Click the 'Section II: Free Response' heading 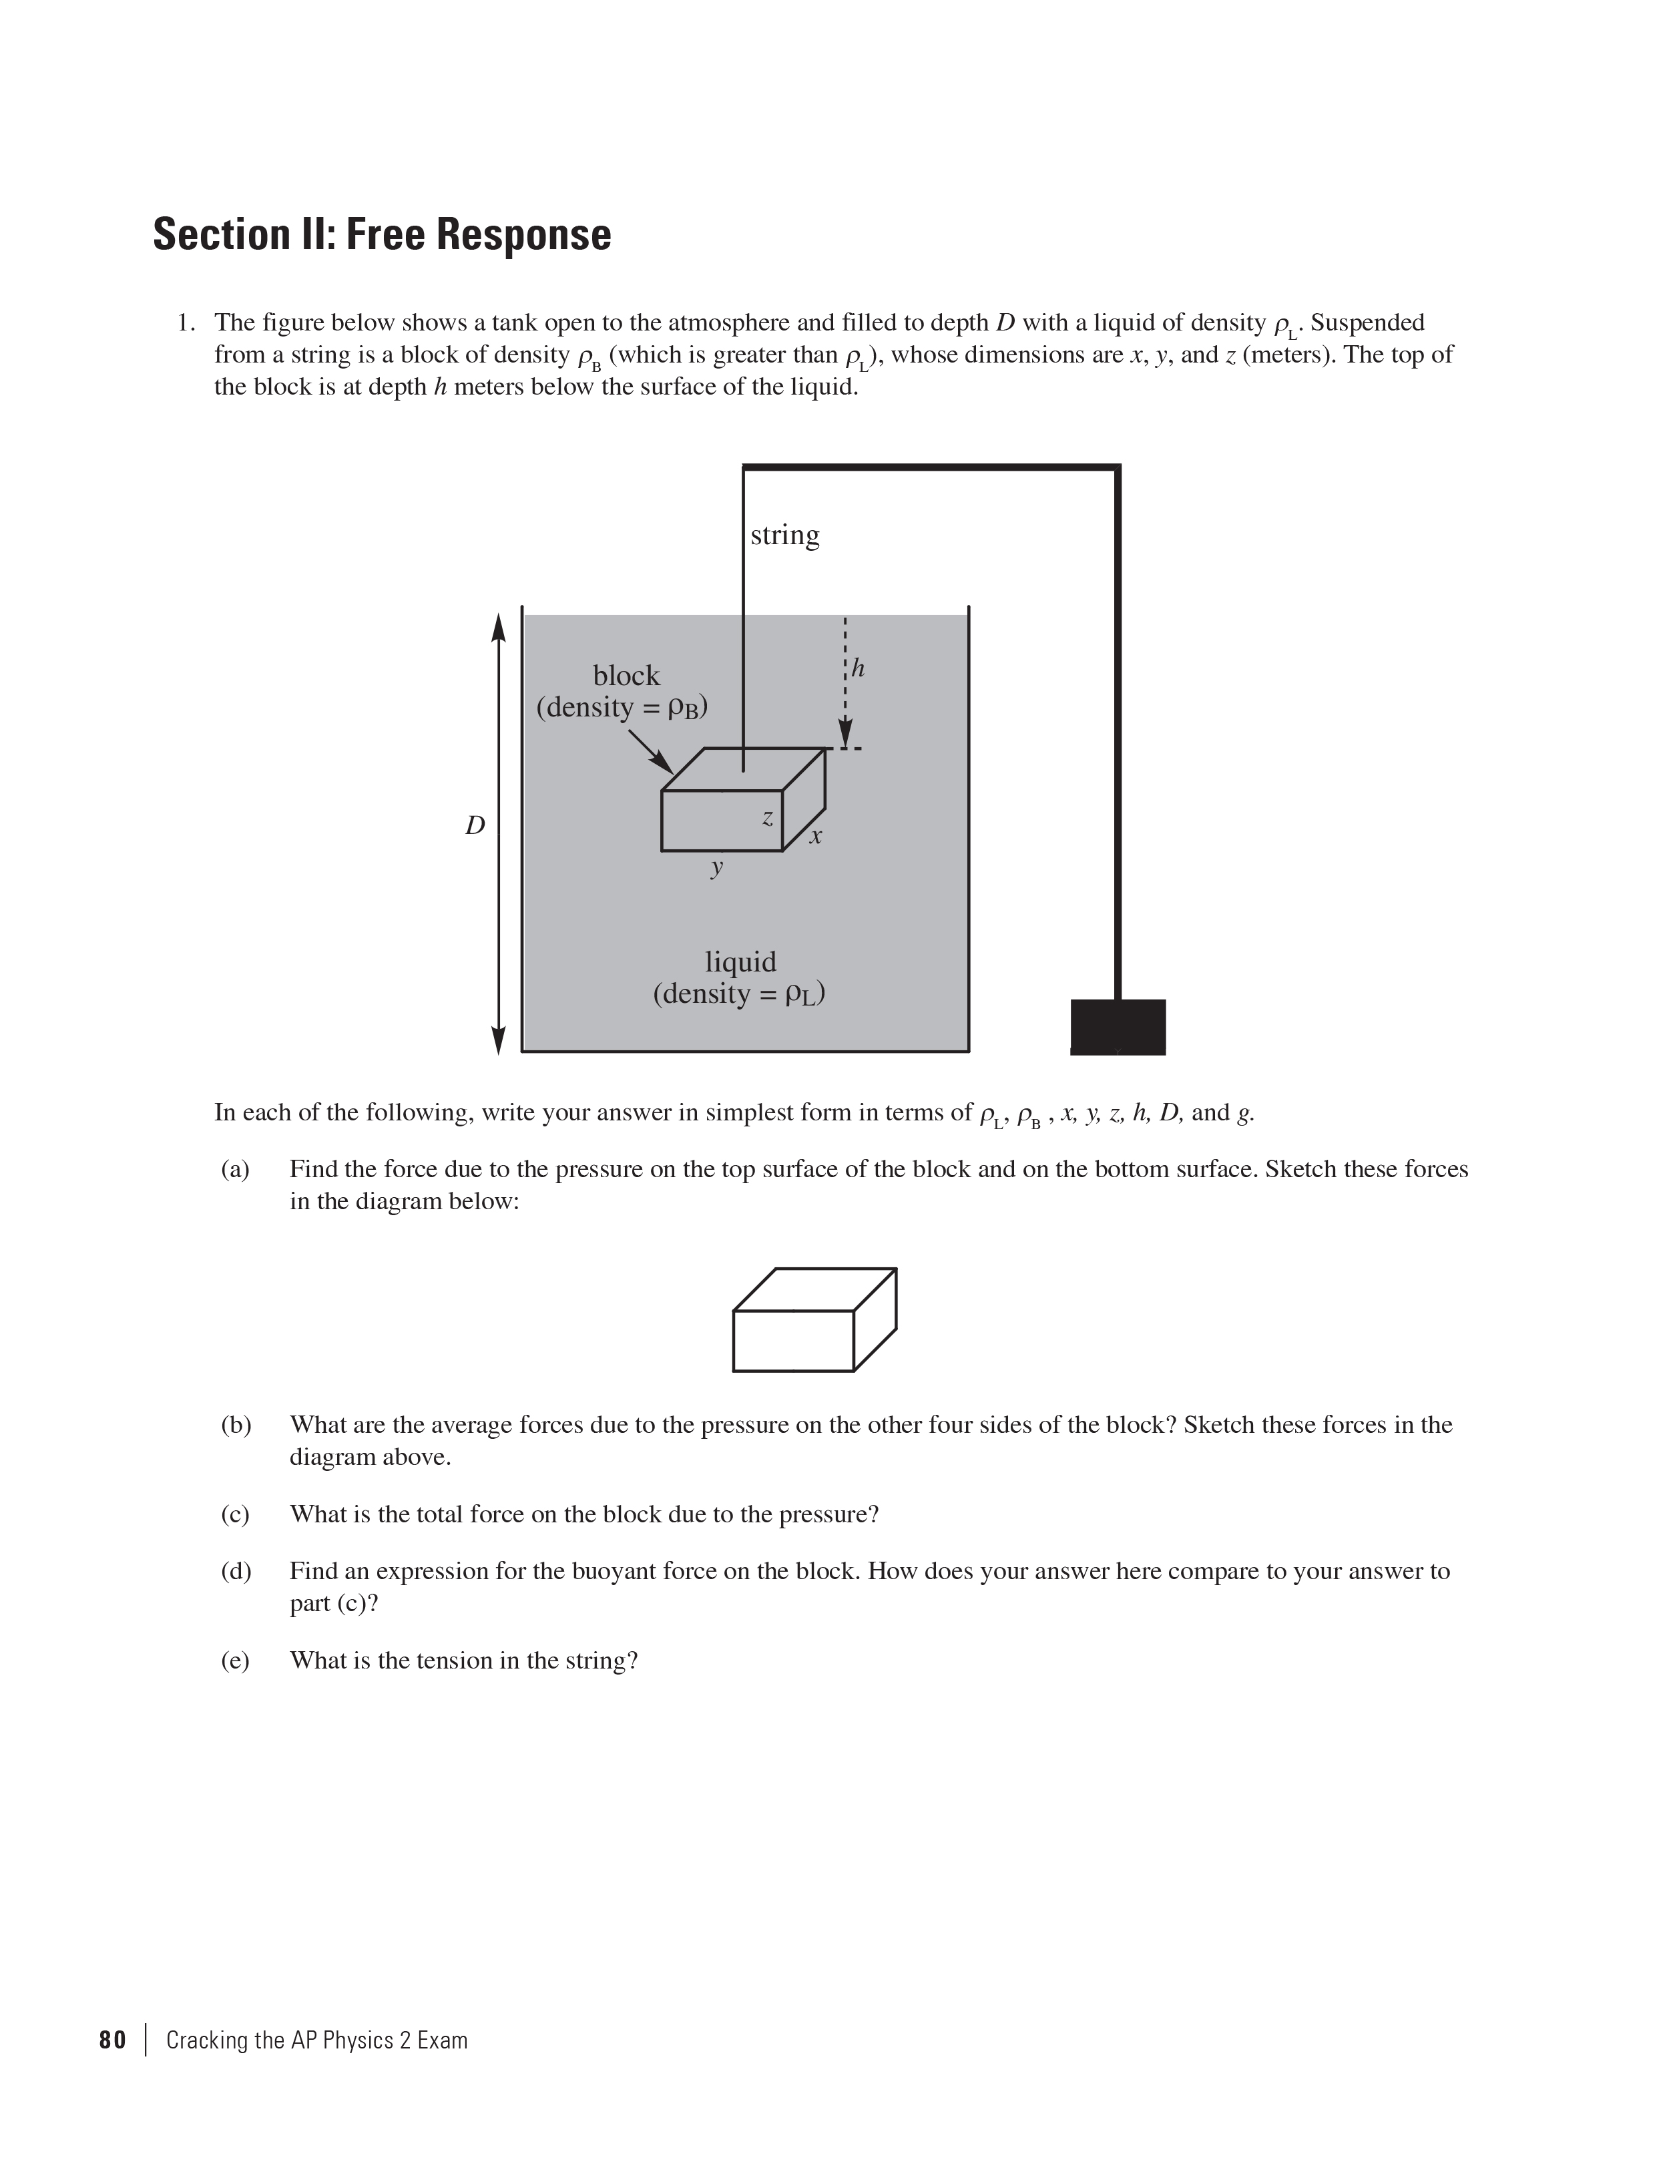click(381, 234)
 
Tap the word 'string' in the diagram click(784, 536)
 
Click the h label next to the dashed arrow click(857, 668)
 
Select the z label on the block click(766, 819)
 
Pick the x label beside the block click(816, 837)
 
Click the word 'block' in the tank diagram click(626, 676)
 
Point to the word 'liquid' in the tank click(740, 962)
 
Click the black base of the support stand click(1117, 1026)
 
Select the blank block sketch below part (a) click(814, 1319)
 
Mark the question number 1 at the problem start click(183, 322)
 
